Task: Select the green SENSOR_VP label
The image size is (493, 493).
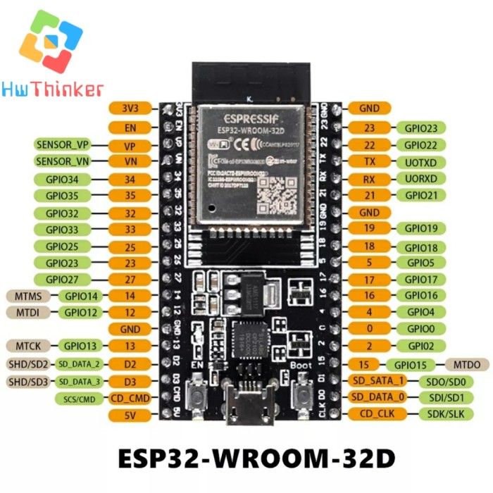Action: pos(63,145)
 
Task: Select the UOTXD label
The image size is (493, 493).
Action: pos(421,161)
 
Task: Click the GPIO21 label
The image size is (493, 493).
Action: pos(421,195)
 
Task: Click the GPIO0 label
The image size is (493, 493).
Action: pos(421,328)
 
